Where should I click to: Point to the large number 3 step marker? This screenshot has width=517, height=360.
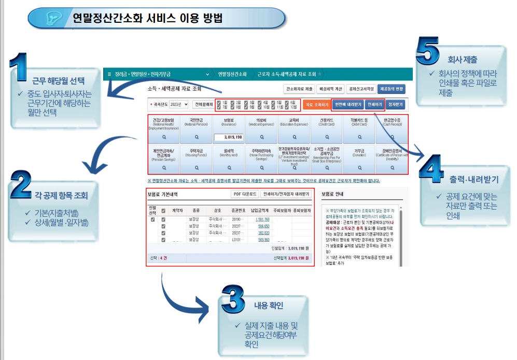232,299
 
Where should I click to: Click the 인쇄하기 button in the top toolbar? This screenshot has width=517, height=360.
374,104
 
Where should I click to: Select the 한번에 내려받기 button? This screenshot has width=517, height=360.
347,104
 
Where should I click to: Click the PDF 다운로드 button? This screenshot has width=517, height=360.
245,194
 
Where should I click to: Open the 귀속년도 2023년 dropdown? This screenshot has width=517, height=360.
179,104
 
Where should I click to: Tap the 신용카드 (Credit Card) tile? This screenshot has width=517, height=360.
327,129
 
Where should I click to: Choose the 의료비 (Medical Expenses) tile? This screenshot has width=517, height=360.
262,129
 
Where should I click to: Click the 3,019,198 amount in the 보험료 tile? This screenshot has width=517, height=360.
229,137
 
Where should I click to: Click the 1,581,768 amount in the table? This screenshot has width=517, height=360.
262,219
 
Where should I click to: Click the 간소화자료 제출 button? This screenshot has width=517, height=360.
299,89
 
